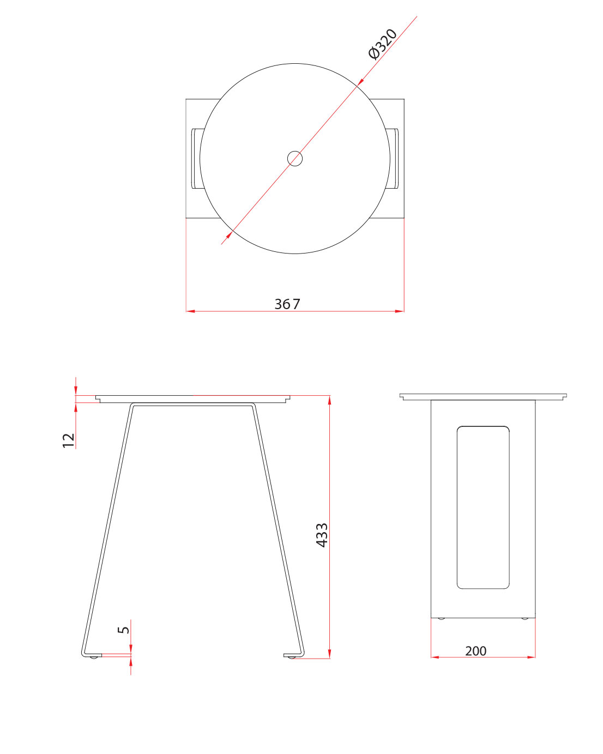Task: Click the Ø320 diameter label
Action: [383, 44]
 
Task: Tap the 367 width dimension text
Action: [287, 304]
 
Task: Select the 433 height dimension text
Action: [322, 535]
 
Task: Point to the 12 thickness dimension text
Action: [69, 440]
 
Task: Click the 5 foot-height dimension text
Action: [124, 629]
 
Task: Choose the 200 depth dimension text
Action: [475, 651]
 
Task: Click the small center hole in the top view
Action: [295, 159]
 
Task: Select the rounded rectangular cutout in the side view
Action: [483, 507]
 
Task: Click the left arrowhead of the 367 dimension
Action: [190, 311]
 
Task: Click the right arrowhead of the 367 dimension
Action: [400, 311]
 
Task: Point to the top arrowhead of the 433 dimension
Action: [329, 400]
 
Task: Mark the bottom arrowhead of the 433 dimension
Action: [329, 654]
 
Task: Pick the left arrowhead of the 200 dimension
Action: [435, 657]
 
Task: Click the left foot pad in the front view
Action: [94, 656]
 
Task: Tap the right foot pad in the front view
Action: [292, 657]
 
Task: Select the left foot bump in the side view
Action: [441, 618]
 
